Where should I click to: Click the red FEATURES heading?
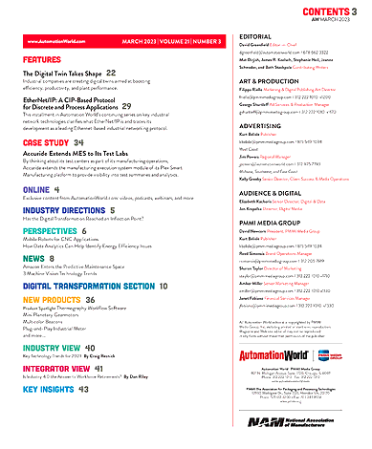pyautogui.click(x=42, y=59)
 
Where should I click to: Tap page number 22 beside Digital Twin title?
pyautogui.click(x=111, y=73)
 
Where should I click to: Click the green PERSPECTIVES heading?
pyautogui.click(x=52, y=231)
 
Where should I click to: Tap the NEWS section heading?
pyautogui.click(x=33, y=259)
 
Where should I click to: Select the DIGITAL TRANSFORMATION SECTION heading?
pyautogui.click(x=87, y=286)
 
